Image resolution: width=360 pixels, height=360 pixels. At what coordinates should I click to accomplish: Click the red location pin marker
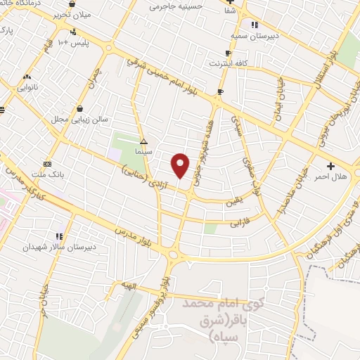click(181, 165)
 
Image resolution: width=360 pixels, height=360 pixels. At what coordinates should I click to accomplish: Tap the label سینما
click(144, 151)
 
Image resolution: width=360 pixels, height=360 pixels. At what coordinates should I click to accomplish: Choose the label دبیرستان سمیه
click(243, 34)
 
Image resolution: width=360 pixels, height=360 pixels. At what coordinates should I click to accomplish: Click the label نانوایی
click(28, 88)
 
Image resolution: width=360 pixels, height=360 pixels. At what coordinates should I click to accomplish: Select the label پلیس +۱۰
click(72, 44)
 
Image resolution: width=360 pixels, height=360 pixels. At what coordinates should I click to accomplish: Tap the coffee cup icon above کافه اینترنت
click(226, 53)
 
